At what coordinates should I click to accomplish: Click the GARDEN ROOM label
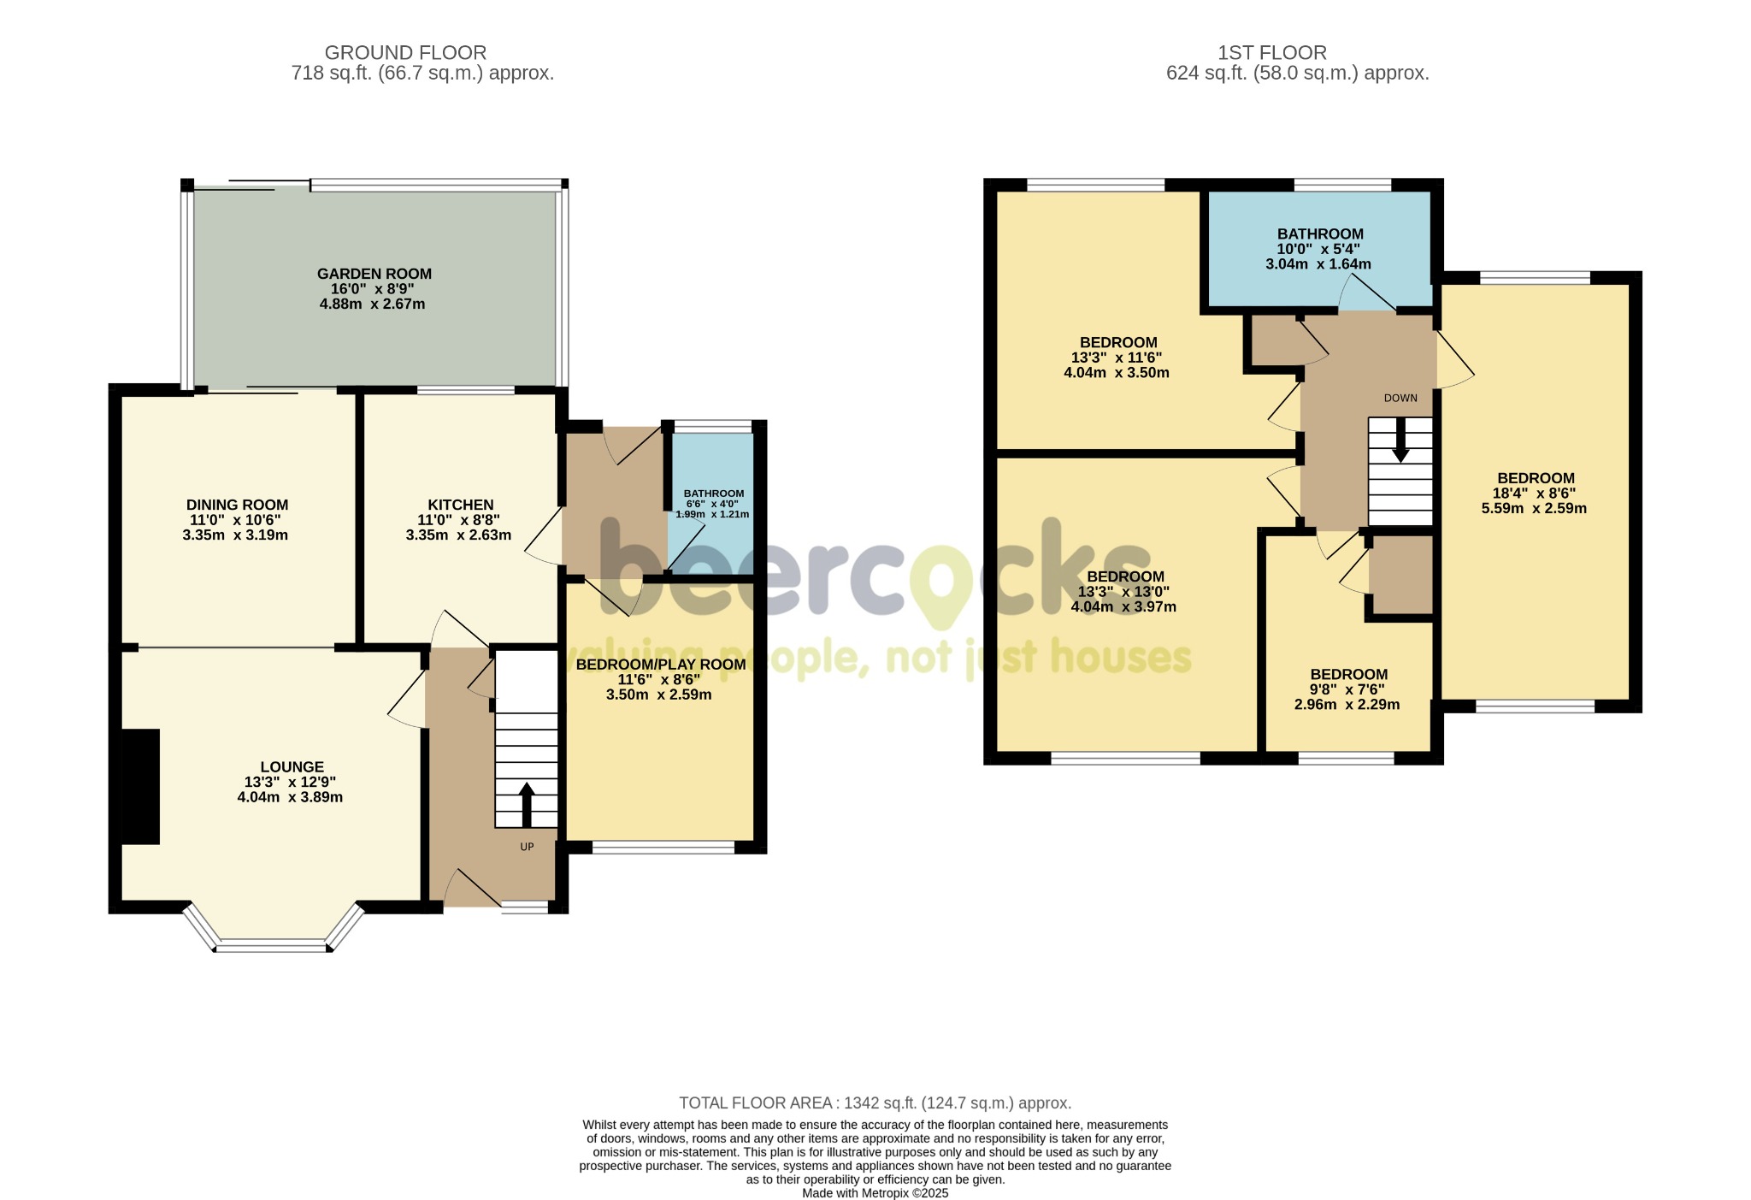coord(374,274)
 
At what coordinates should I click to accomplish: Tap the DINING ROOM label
coord(238,505)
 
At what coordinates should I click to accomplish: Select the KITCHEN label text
coord(461,505)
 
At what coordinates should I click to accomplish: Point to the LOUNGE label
coord(292,767)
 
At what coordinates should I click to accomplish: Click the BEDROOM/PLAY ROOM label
coord(661,665)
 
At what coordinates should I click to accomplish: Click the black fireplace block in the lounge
coord(140,787)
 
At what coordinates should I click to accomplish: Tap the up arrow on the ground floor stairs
coord(527,803)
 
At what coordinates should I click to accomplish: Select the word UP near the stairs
coord(527,847)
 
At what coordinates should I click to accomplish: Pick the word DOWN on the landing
coord(1400,398)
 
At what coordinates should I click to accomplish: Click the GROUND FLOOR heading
coord(405,53)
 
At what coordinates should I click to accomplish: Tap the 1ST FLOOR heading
coord(1272,53)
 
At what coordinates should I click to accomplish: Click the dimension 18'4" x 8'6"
coord(1534,494)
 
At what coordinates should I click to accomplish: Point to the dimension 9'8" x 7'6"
coord(1347,689)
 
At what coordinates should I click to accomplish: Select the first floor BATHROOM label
coord(1320,233)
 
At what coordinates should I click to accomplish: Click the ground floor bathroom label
coord(714,494)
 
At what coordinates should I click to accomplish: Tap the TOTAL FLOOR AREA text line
coord(875,1103)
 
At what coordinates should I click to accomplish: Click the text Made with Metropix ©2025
coord(875,1193)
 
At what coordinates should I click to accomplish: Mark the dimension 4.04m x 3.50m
coord(1117,373)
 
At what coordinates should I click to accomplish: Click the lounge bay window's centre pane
coord(272,946)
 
